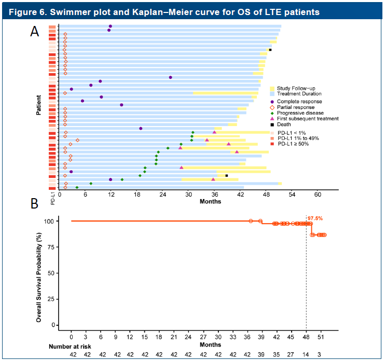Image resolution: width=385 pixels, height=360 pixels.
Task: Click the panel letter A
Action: coord(34,32)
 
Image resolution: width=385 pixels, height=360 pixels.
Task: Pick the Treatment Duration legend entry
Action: coord(297,94)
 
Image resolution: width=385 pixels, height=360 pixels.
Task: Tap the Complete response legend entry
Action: coord(299,101)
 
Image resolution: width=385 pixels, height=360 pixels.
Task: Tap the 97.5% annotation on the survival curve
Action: coord(315,218)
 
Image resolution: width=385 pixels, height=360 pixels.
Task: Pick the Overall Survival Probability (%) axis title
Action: coord(39,273)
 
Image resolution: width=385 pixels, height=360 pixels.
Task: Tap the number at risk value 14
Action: coord(306,355)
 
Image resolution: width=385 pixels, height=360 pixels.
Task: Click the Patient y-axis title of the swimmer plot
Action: coord(39,104)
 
